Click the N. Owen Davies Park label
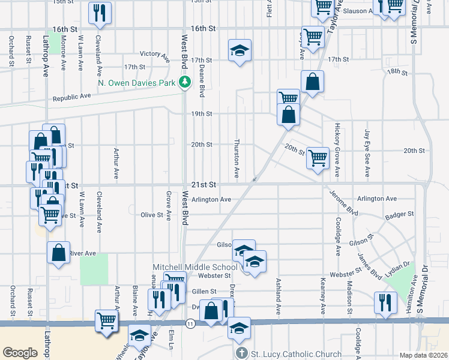(138, 83)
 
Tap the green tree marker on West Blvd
(186, 83)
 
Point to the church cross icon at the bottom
(241, 354)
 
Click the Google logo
(20, 353)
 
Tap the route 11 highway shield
(190, 324)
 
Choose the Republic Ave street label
(71, 96)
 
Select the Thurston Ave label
(237, 160)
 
